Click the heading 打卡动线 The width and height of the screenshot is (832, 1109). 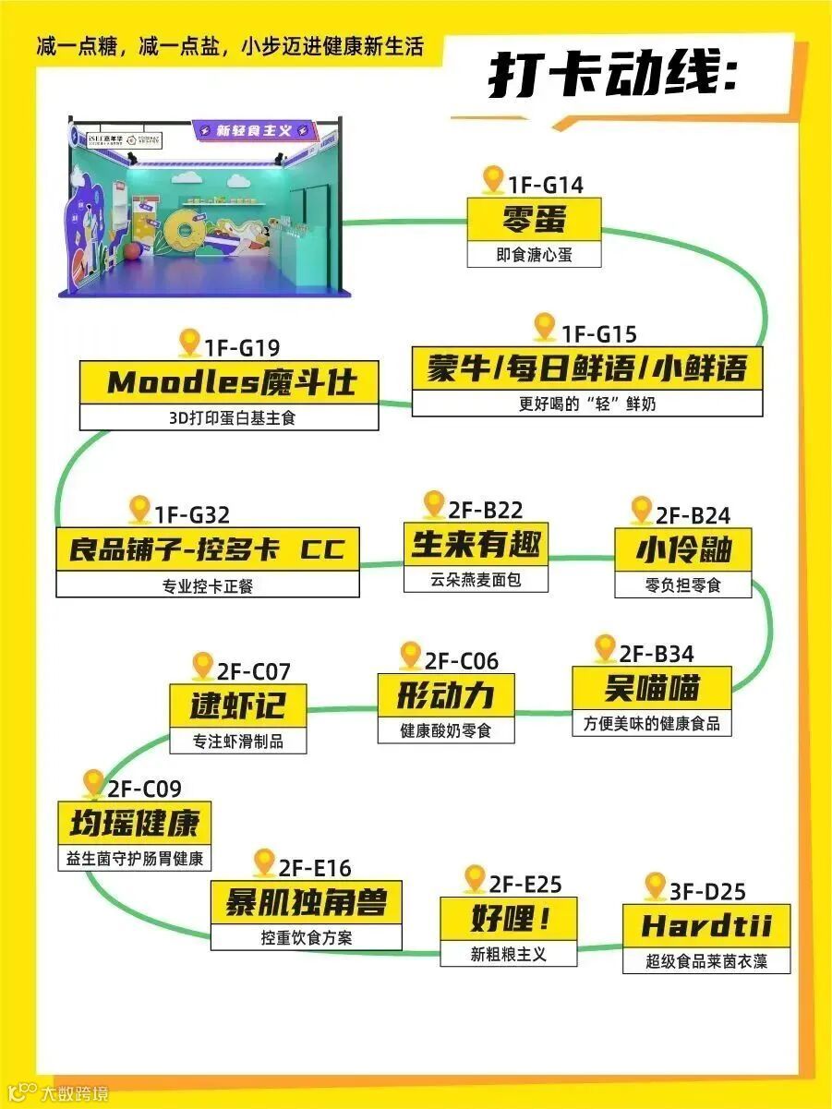[613, 77]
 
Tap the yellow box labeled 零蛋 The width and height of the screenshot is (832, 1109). [534, 220]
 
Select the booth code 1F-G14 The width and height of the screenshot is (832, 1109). [545, 185]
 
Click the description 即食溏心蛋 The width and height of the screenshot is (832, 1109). [534, 255]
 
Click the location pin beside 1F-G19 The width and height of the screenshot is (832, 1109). [190, 344]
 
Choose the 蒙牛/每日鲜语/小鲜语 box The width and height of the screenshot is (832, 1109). [587, 369]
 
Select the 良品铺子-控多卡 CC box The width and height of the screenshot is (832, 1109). [208, 549]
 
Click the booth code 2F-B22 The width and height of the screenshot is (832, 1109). [486, 510]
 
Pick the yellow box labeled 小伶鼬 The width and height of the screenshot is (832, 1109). [683, 550]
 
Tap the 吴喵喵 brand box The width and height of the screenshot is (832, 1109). [652, 688]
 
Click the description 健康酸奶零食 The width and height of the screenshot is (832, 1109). [446, 730]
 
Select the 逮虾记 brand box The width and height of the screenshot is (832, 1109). [238, 706]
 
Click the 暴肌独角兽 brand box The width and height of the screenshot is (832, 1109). [306, 902]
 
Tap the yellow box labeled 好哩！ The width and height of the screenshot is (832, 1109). [509, 920]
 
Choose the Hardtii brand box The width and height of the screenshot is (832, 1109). [706, 926]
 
